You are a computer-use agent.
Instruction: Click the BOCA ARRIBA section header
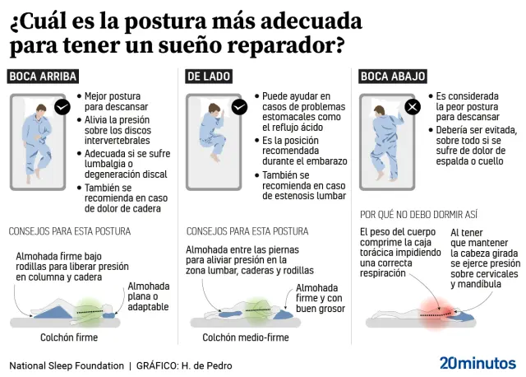[43, 77]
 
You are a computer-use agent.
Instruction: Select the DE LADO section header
[209, 77]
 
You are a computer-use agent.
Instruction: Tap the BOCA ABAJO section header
[393, 77]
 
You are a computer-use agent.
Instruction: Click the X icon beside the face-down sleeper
[413, 107]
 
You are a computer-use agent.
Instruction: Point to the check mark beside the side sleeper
[239, 107]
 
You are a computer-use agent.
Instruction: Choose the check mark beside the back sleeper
[62, 107]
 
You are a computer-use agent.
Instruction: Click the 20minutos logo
[478, 363]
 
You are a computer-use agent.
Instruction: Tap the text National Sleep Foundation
[67, 365]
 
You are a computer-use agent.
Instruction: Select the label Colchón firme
[69, 337]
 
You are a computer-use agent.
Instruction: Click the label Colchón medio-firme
[246, 337]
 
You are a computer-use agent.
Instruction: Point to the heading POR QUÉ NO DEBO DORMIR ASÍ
[418, 215]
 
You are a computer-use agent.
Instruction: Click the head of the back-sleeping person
[41, 109]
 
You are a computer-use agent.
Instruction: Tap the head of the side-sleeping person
[214, 109]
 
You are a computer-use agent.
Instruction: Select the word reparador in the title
[287, 45]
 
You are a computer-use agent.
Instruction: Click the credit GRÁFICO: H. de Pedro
[184, 365]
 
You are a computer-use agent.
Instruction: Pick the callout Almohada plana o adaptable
[148, 296]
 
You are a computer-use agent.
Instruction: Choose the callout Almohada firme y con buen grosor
[320, 298]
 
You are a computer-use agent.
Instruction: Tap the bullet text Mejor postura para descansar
[116, 101]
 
